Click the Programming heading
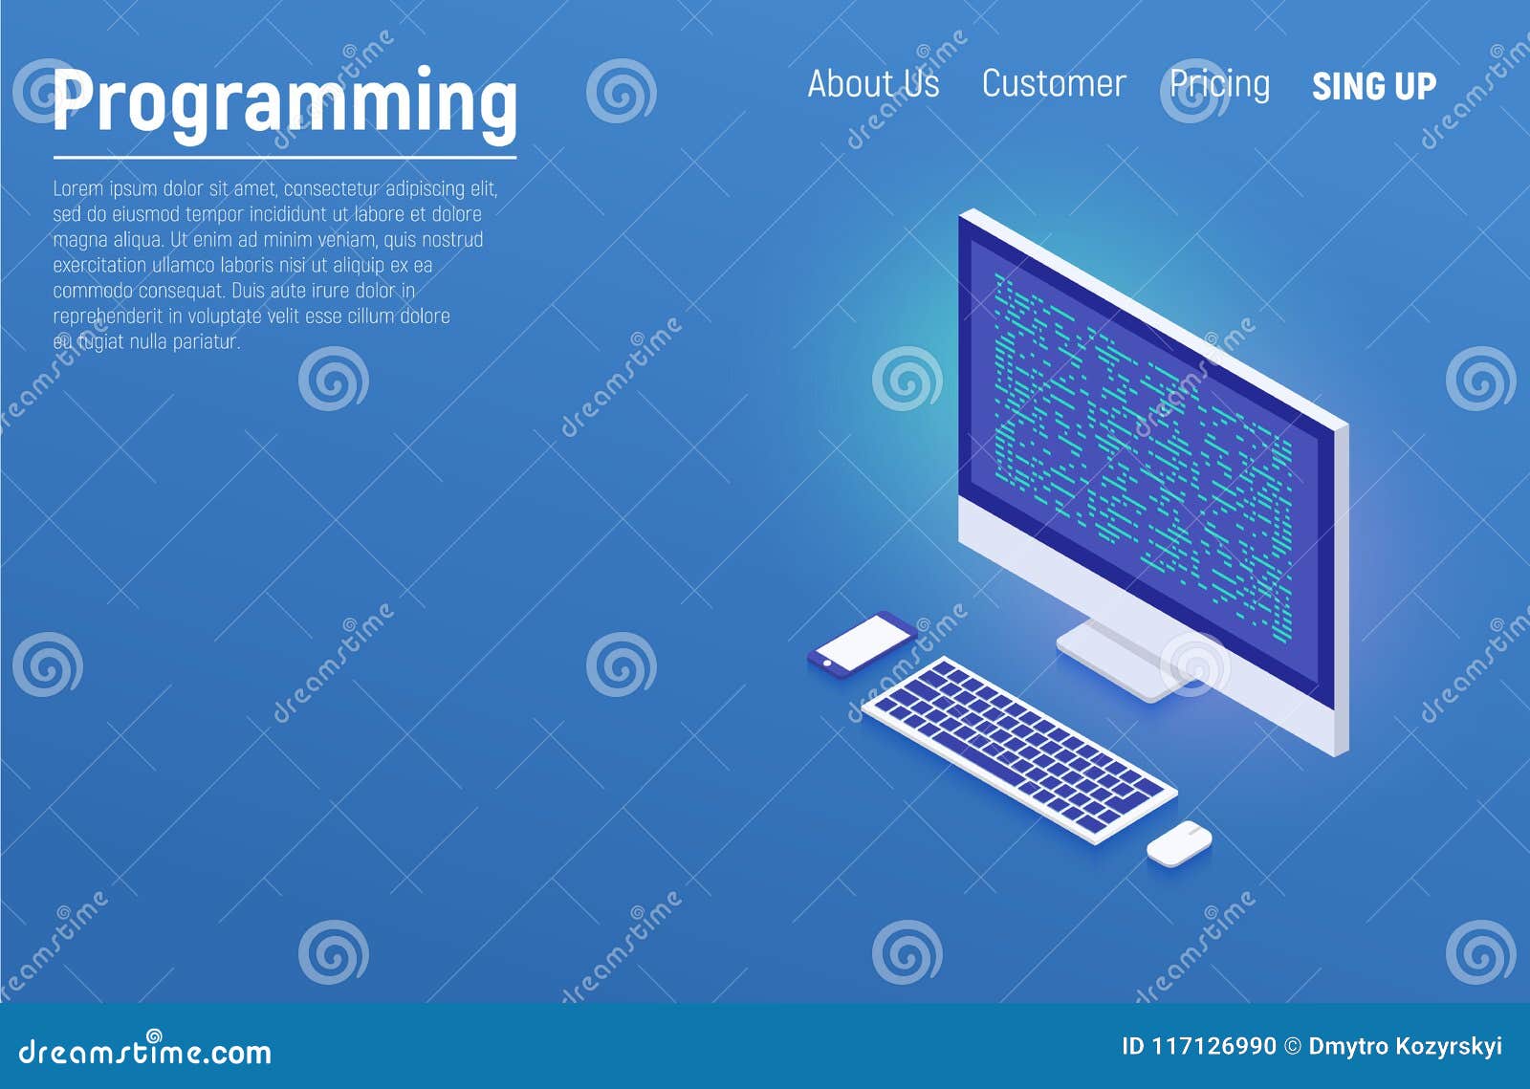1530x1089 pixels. [x=285, y=102]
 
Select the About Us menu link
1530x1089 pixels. [x=873, y=84]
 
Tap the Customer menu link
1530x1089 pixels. [x=1054, y=84]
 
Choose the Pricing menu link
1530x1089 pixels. [x=1219, y=84]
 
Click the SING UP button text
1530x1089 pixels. [x=1373, y=87]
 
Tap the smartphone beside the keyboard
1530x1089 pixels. [x=863, y=643]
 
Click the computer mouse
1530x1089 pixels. [x=1179, y=842]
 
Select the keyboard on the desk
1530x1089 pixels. [x=1019, y=749]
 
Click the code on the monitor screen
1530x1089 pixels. [x=1143, y=449]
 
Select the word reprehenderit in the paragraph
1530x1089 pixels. [x=108, y=316]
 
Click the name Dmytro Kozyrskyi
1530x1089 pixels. [x=1405, y=1046]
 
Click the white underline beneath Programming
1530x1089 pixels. [x=285, y=157]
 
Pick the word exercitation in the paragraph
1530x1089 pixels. [x=100, y=265]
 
